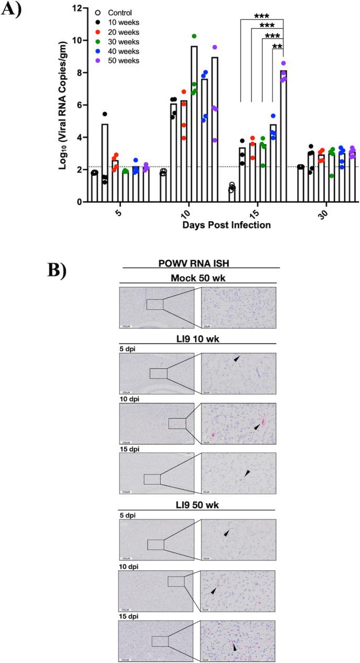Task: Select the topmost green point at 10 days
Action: [194, 36]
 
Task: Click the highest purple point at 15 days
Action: [284, 63]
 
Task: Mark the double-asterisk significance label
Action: [278, 47]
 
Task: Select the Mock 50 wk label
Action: [201, 277]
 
